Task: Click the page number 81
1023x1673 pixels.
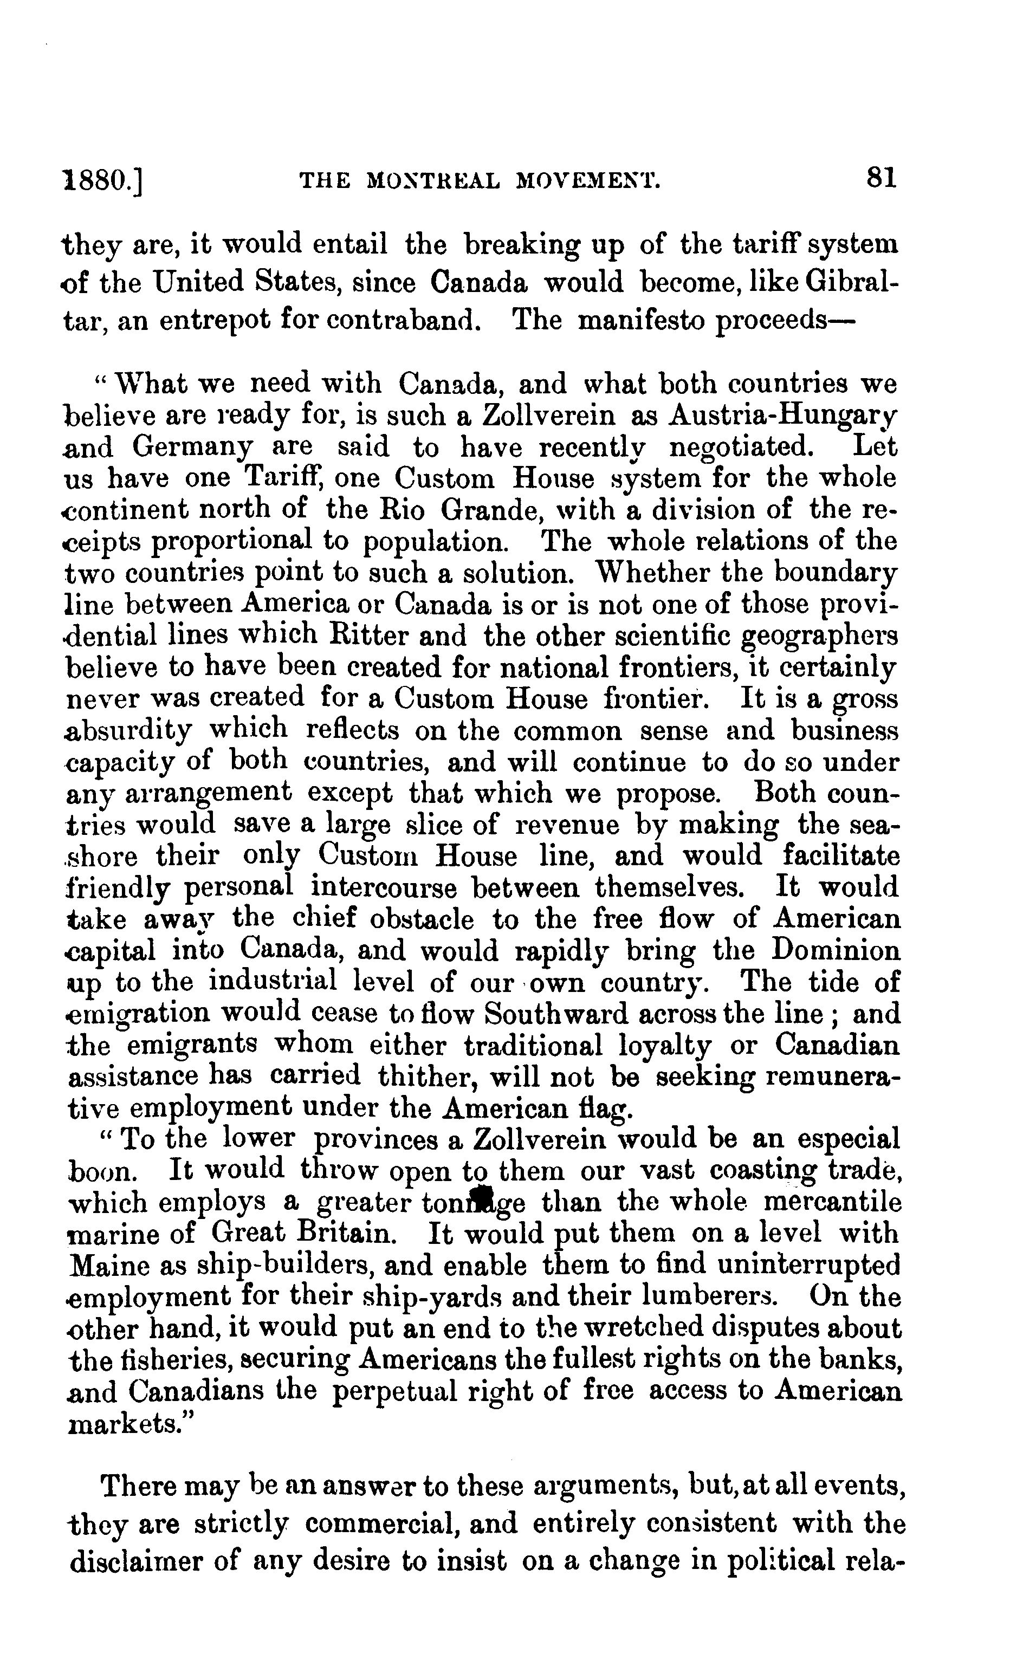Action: click(x=881, y=179)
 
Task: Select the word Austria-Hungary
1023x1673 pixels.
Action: click(x=782, y=415)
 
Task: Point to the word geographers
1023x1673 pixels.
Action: click(x=819, y=636)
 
